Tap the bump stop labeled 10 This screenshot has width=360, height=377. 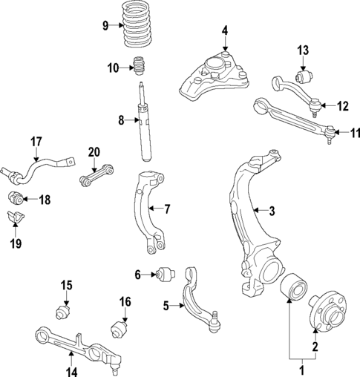(137, 68)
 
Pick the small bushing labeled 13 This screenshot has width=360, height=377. (303, 76)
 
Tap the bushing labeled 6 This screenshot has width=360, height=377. (166, 275)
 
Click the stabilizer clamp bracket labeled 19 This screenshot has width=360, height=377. (14, 219)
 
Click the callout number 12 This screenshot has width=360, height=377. (341, 106)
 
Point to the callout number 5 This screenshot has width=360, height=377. (166, 304)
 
